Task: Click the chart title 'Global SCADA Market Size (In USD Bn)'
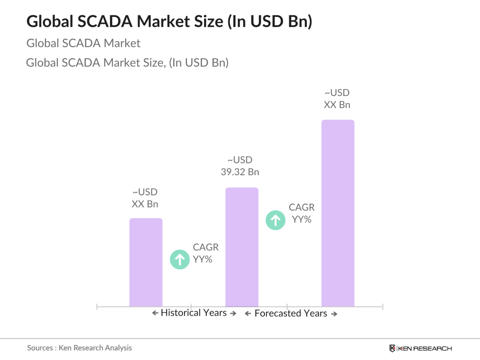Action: pyautogui.click(x=169, y=21)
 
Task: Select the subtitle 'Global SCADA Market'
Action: pyautogui.click(x=83, y=43)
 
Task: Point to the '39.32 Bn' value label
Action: pyautogui.click(x=240, y=172)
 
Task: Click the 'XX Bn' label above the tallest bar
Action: pyautogui.click(x=337, y=105)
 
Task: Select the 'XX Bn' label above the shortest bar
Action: pyautogui.click(x=145, y=204)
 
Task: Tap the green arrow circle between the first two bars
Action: pyautogui.click(x=180, y=259)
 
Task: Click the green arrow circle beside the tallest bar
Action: pyautogui.click(x=275, y=220)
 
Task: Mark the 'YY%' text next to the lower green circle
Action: pyautogui.click(x=203, y=259)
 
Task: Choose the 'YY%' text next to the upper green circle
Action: pyautogui.click(x=302, y=220)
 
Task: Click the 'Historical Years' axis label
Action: pyautogui.click(x=194, y=313)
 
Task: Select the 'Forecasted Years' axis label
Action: pyautogui.click(x=291, y=313)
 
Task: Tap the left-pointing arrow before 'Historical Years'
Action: pyautogui.click(x=155, y=313)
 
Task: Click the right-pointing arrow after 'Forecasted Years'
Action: pyautogui.click(x=334, y=314)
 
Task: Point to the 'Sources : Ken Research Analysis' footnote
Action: pyautogui.click(x=79, y=348)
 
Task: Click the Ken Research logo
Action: pyautogui.click(x=421, y=349)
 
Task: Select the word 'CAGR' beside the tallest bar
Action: pyautogui.click(x=302, y=207)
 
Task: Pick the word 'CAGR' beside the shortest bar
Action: pyautogui.click(x=206, y=247)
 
